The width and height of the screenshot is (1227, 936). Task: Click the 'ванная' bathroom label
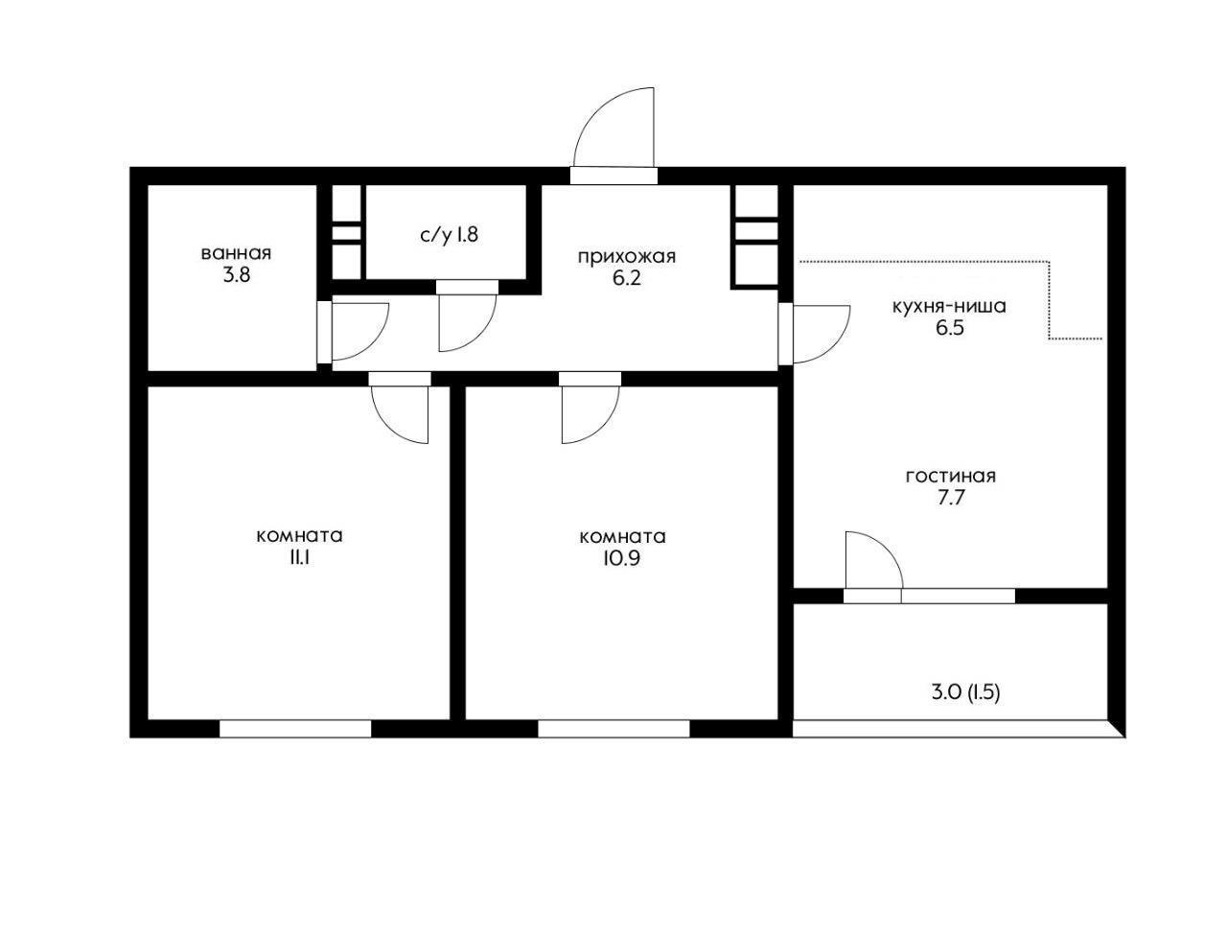tap(236, 253)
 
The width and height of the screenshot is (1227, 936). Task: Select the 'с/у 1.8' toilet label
tap(449, 235)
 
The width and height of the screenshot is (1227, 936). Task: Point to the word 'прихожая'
tap(627, 257)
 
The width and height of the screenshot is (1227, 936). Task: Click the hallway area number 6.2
tap(627, 278)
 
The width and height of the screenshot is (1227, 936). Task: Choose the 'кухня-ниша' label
tap(949, 307)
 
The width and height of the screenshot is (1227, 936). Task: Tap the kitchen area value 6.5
tap(950, 327)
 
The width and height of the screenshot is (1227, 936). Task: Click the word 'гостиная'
tap(950, 477)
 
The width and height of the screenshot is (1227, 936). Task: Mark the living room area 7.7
tap(951, 498)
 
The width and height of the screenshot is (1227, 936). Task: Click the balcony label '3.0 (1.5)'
tap(966, 693)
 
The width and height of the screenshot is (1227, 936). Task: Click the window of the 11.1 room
tap(294, 729)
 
